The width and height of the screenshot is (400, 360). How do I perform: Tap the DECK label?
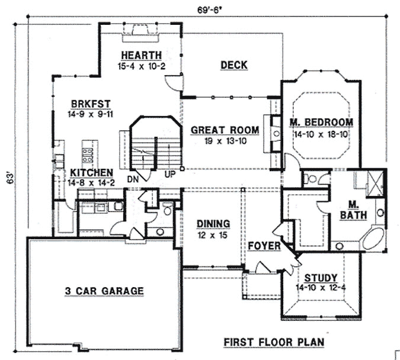(x=233, y=65)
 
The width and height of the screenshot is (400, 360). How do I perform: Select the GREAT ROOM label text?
(x=225, y=130)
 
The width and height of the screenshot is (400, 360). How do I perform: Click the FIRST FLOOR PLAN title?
(x=273, y=342)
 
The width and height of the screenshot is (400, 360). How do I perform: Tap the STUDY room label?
(x=321, y=278)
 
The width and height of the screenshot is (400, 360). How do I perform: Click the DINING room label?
(x=213, y=223)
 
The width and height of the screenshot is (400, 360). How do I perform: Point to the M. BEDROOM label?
(x=321, y=123)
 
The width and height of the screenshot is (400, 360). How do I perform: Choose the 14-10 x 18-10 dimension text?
(x=321, y=133)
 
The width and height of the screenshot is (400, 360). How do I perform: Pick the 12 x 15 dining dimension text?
(x=212, y=234)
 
